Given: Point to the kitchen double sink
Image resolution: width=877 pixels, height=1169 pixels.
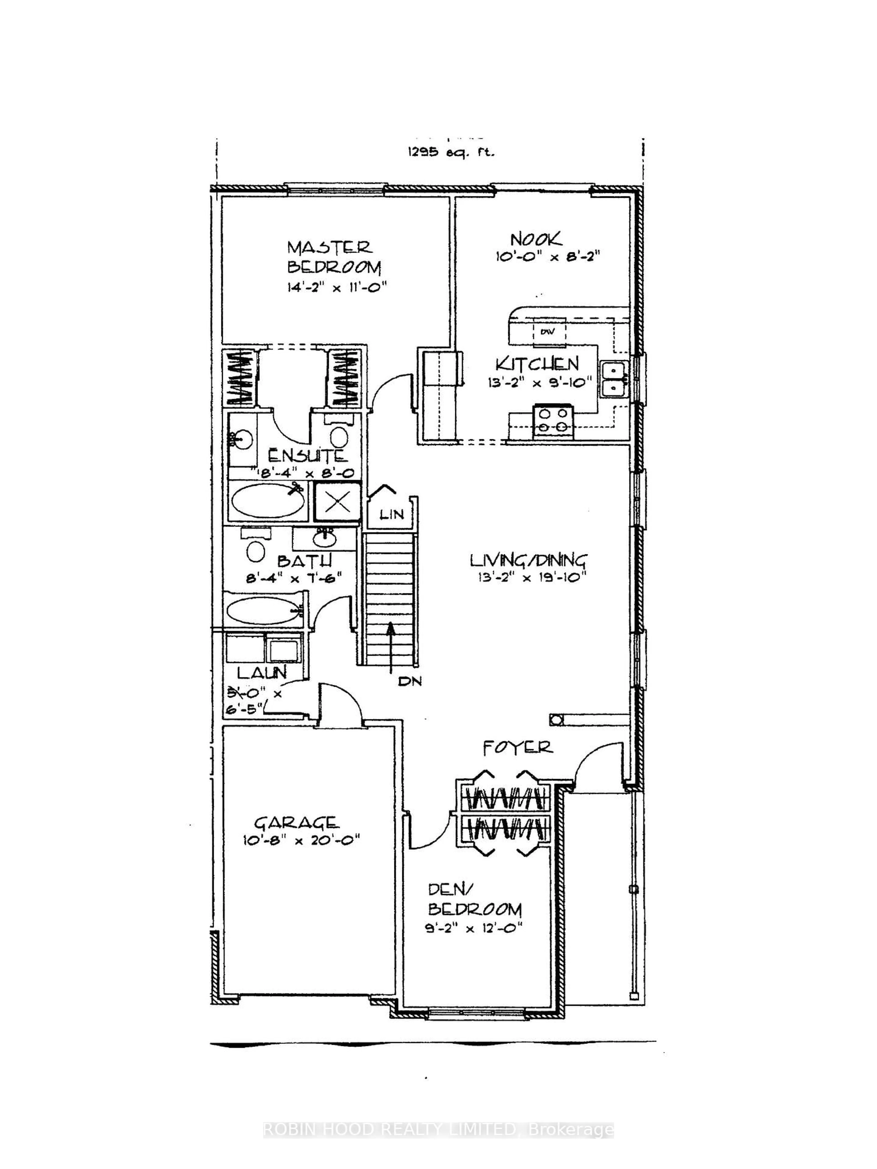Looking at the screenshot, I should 613,378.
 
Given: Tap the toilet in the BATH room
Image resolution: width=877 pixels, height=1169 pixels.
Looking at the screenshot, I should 256,551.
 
